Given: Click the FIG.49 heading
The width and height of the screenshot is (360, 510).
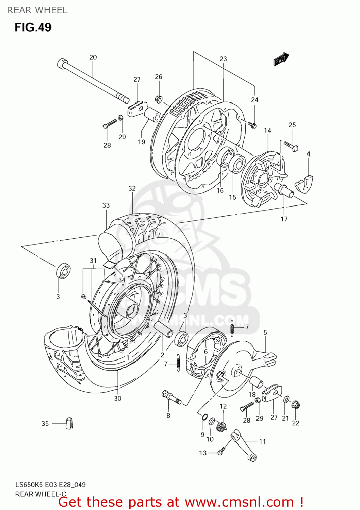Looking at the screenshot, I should click(33, 27).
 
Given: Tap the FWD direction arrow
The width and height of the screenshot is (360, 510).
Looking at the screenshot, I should click(281, 59).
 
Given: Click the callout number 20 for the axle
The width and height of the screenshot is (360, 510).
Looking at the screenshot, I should click(93, 57).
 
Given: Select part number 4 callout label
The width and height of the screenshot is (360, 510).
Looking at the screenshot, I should click(308, 154).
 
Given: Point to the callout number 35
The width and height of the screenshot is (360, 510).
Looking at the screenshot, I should click(45, 423).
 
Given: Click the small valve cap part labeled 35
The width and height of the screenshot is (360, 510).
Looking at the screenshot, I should click(69, 423).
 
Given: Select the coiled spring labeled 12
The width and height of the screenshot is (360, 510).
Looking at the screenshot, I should click(222, 426).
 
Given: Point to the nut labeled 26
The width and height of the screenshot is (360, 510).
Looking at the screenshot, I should click(158, 99).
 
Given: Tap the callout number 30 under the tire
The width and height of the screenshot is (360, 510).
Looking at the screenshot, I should click(117, 398).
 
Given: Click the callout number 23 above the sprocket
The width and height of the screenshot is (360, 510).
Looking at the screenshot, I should click(223, 59).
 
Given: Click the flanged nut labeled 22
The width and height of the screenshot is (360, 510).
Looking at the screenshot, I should click(295, 405).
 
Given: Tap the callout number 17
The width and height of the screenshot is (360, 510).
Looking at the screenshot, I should click(284, 219).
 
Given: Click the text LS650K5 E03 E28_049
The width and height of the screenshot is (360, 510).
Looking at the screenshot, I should click(50, 485).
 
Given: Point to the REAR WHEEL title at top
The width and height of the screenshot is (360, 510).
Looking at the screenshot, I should click(37, 10).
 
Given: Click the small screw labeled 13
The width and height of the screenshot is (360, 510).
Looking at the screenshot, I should click(220, 452).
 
